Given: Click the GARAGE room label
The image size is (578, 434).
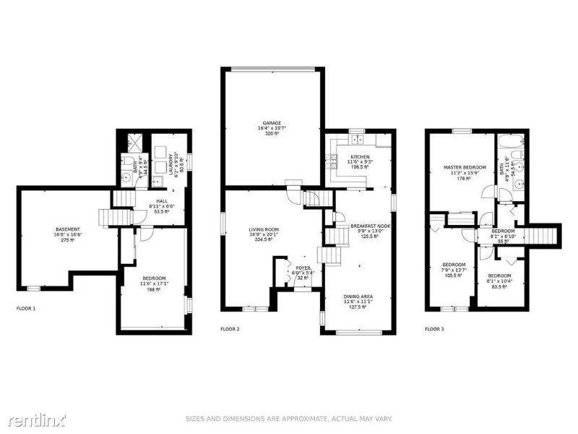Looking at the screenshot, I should click(272, 123).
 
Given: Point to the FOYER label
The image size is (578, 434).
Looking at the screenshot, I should click(303, 268).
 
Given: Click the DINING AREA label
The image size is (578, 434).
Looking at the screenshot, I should click(359, 297).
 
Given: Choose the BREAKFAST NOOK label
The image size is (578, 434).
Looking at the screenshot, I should click(370, 226).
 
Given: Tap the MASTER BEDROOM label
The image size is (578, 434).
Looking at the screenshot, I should click(463, 167).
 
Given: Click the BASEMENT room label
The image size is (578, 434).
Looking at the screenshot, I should click(68, 229).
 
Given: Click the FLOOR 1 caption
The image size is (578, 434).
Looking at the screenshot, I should click(26, 309).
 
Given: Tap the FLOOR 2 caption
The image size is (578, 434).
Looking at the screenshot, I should click(230, 329).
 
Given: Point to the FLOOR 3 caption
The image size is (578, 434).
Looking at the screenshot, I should click(434, 329).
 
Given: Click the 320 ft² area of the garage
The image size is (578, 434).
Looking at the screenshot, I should click(272, 134).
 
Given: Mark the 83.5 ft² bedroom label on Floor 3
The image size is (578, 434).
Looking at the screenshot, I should click(499, 286).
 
